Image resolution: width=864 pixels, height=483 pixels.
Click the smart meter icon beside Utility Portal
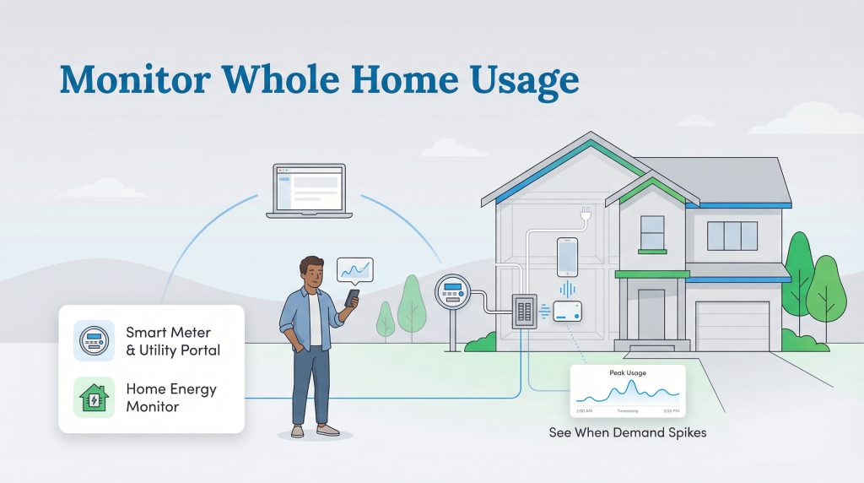[94, 340]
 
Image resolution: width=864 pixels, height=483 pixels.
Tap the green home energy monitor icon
[94, 398]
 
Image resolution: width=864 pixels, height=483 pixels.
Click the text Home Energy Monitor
[171, 398]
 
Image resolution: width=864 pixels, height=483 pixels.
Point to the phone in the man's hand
[351, 299]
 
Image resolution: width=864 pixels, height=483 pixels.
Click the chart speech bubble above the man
[354, 270]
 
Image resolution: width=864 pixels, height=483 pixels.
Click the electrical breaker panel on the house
[525, 312]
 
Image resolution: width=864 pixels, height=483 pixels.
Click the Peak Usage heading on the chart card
[627, 372]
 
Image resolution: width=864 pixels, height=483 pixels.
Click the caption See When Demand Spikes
[628, 433]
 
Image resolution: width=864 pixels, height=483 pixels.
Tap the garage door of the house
[732, 325]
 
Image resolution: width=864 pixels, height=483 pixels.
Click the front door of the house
[651, 312]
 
